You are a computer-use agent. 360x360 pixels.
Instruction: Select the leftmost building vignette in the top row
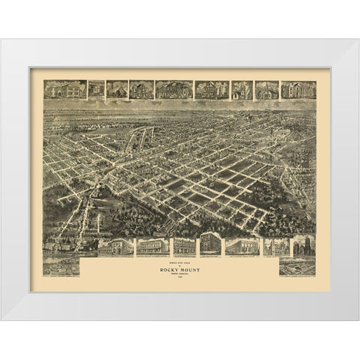[64, 90]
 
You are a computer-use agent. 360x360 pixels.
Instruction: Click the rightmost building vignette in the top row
[298, 90]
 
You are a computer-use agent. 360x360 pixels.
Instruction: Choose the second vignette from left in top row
[95, 90]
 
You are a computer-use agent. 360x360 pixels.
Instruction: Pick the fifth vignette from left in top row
[174, 90]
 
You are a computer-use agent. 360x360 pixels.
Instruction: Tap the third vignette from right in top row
[241, 90]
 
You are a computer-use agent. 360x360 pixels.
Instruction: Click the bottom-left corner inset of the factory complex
[60, 266]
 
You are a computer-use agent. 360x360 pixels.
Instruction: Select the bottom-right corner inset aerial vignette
[297, 267]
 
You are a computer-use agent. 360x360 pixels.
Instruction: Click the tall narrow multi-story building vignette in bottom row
[210, 245]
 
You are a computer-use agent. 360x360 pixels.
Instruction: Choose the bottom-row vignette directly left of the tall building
[184, 247]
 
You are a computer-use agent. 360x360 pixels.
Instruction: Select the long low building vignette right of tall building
[241, 247]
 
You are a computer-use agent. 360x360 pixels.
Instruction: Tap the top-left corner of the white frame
[1, 40]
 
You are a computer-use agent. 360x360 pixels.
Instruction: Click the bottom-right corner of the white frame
[358, 320]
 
